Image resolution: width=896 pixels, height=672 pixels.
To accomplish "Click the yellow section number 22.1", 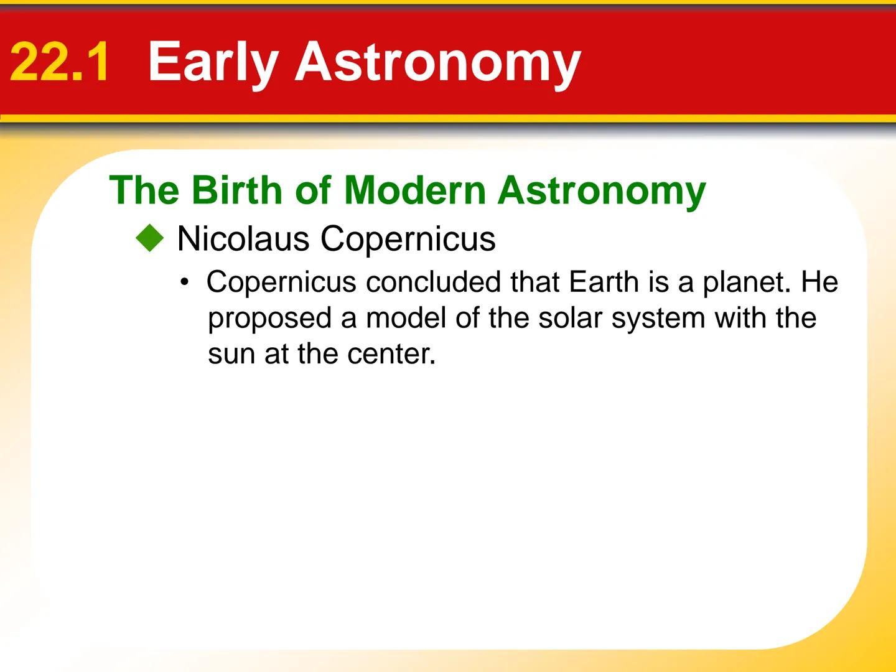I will coord(60,62).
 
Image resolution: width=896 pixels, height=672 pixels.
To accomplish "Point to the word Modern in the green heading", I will coord(414,190).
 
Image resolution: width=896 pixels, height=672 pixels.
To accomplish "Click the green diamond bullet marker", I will coord(149,239).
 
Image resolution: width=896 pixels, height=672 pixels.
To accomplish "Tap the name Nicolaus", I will coord(243,239).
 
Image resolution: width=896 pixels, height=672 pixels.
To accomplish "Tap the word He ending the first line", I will coord(819,282).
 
